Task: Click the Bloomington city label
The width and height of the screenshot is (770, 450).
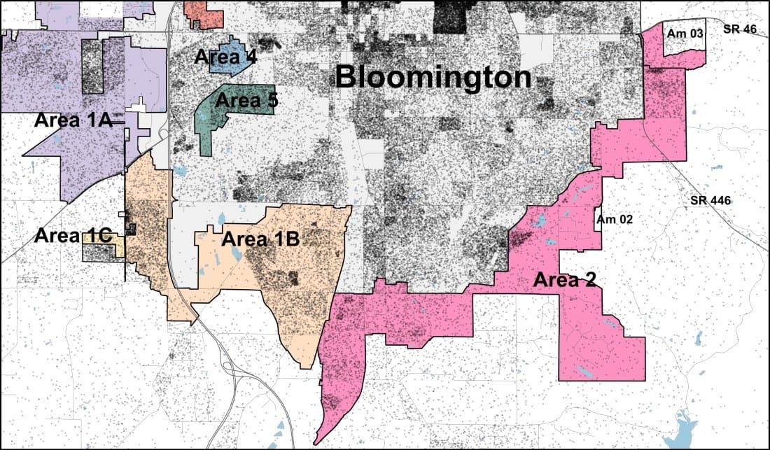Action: [x=433, y=77]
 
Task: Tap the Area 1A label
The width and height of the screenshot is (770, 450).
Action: [x=73, y=120]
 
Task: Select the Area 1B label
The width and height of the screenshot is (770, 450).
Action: [x=260, y=239]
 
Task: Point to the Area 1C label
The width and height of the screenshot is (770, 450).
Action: [x=73, y=236]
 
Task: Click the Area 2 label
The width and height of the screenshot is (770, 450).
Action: [x=565, y=280]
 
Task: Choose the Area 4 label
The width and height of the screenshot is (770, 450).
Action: [x=225, y=57]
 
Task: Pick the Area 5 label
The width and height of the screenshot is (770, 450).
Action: [x=246, y=100]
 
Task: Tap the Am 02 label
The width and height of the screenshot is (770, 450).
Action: [x=615, y=219]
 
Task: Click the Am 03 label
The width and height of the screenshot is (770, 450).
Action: [x=685, y=32]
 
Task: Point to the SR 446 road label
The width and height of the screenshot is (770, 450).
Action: [x=710, y=201]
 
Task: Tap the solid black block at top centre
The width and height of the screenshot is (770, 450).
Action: [x=449, y=17]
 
